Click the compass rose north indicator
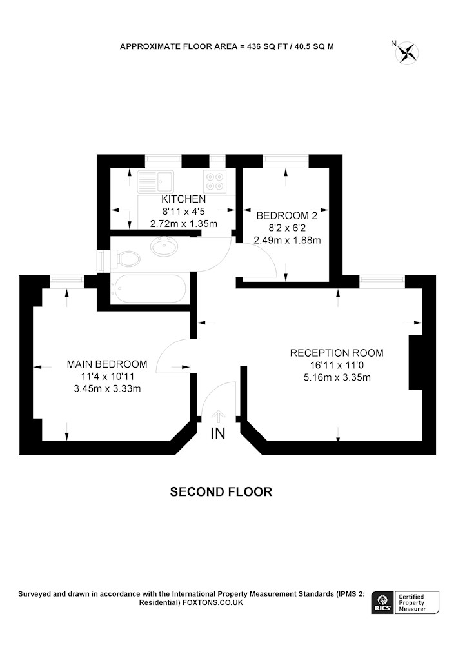click(406, 52)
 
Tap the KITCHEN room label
click(184, 199)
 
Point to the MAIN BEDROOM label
click(107, 364)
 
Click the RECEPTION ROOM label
click(337, 353)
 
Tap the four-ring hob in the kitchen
click(214, 181)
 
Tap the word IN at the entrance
click(218, 433)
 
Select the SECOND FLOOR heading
click(221, 491)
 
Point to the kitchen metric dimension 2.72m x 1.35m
click(184, 224)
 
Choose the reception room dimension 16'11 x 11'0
click(337, 365)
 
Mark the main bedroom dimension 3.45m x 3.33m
click(107, 388)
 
